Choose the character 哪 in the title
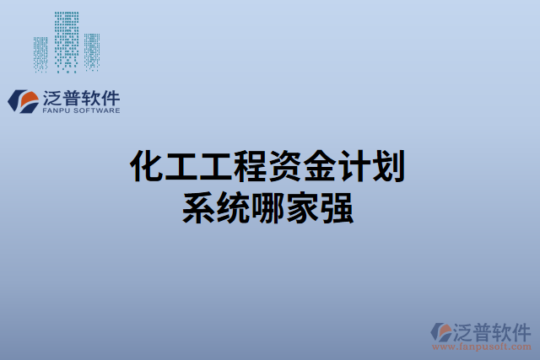(x=269, y=207)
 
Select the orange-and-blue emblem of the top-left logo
(x=22, y=99)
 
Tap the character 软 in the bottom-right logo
(x=502, y=330)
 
